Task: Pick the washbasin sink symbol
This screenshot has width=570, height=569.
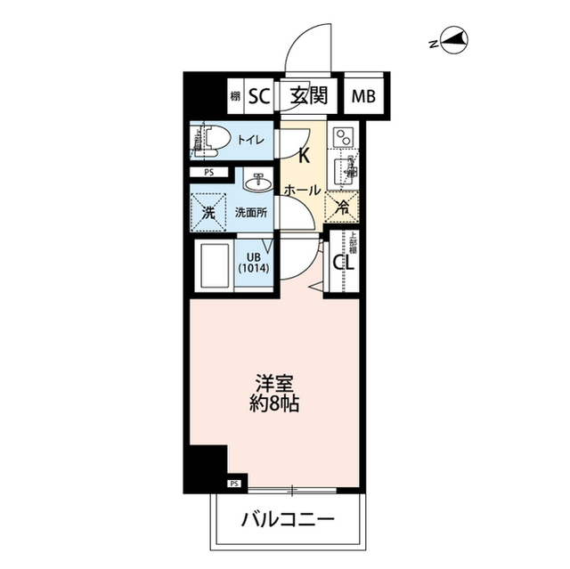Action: coord(259,183)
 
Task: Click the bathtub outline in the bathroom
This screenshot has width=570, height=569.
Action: coord(212,264)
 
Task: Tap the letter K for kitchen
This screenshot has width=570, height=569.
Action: coord(303,157)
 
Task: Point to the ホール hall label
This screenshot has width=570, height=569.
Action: coord(302,190)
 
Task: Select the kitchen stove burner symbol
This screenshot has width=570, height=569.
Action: coord(342,137)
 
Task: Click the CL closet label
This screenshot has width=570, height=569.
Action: coord(342,262)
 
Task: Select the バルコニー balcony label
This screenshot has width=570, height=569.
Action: coord(288,518)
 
